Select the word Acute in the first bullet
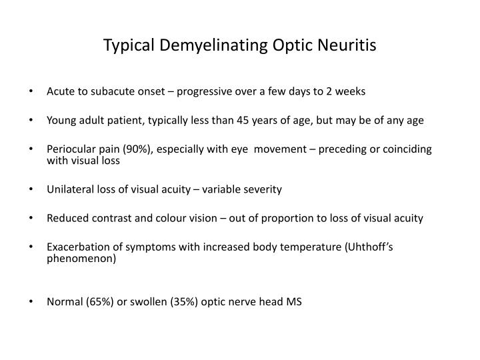coord(60,91)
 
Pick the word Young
coord(61,121)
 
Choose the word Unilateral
coord(70,189)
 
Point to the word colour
coord(171,218)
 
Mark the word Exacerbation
coord(75,247)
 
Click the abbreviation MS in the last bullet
coord(294,301)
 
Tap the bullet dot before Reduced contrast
coord(33,218)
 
